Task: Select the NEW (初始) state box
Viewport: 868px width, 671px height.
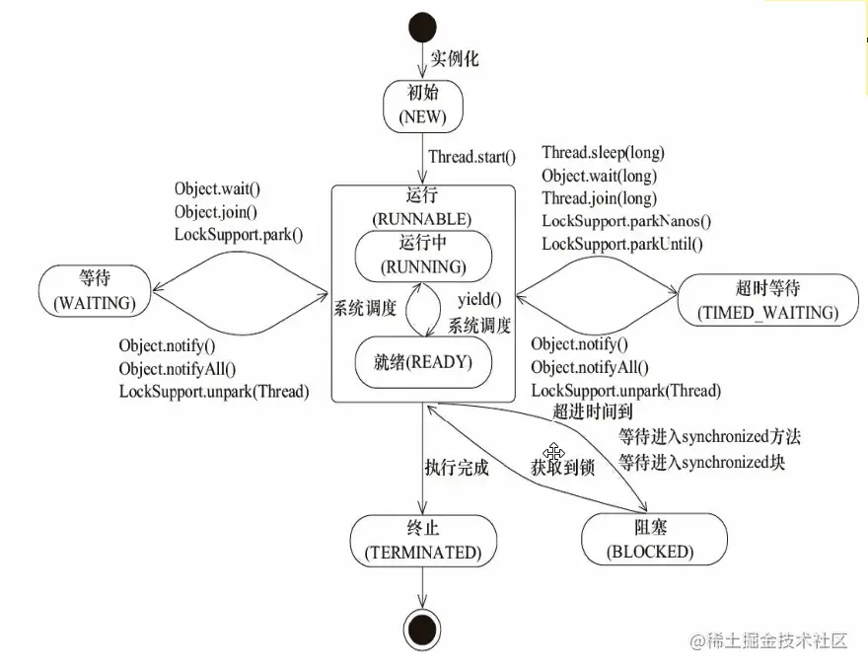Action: coord(423,106)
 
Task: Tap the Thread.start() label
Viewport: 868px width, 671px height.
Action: coord(471,156)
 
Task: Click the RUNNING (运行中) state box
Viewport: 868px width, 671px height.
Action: coord(423,256)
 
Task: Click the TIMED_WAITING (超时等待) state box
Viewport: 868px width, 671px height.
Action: coord(767,301)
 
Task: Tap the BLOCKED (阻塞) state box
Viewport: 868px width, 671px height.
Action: coord(654,540)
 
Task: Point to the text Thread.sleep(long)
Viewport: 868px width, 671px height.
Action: coord(603,153)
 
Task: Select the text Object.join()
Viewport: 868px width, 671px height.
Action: coord(216,211)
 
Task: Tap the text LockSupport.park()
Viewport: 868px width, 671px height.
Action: coord(238,234)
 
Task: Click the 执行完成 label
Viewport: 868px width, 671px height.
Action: coord(456,468)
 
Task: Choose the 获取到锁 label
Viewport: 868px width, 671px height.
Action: coord(562,468)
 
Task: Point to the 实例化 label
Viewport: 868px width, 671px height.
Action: coord(455,58)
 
